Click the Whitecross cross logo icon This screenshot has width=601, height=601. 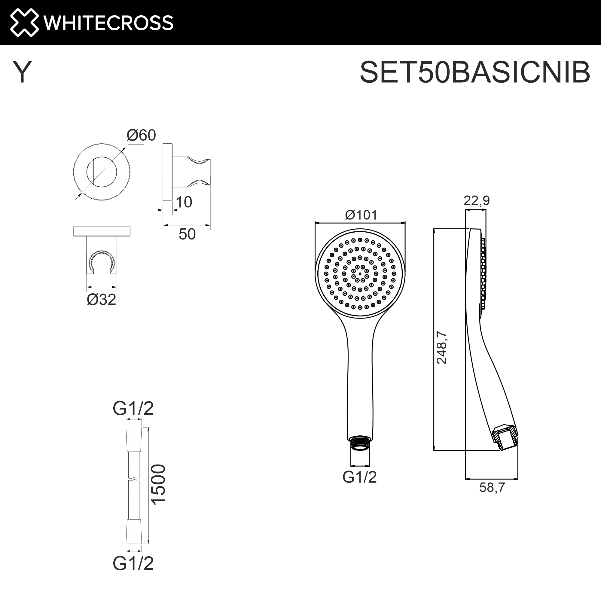click(24, 23)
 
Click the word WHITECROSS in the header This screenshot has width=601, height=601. click(108, 23)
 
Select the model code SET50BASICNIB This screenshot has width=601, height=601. click(475, 72)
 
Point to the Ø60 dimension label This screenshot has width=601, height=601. click(141, 135)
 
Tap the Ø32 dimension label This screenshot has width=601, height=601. click(101, 300)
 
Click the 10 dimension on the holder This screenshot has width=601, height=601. click(184, 202)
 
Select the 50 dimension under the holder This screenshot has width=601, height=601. click(187, 234)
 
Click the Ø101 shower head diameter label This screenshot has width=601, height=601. click(361, 215)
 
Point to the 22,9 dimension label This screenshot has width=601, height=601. click(476, 201)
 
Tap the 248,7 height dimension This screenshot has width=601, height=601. click(442, 347)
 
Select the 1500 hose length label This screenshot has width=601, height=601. click(159, 484)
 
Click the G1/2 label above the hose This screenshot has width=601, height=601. click(133, 408)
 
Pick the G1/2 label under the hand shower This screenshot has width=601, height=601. click(360, 477)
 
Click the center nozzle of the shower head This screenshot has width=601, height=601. click(360, 274)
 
